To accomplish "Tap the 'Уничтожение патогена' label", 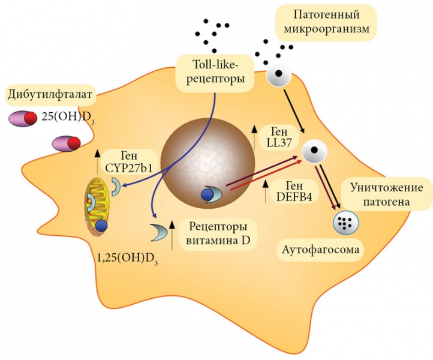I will coord(384,196).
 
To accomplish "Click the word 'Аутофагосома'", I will coord(312,249).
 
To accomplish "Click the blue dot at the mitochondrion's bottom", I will coord(101,226).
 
